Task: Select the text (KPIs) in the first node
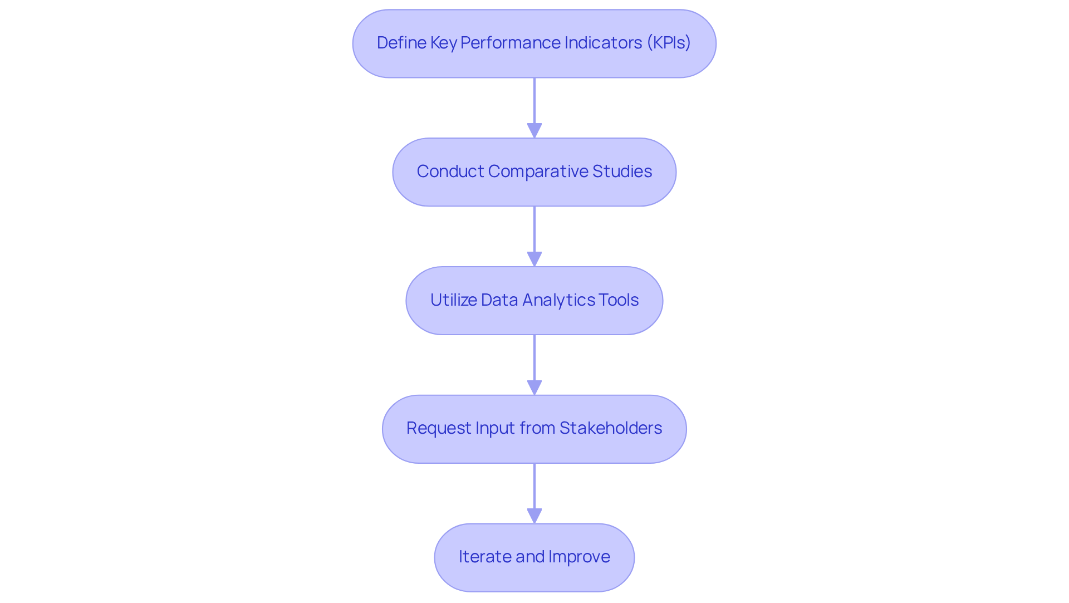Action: coord(668,43)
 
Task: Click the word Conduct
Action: coord(450,171)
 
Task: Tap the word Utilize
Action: coord(453,300)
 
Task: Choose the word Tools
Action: coord(619,300)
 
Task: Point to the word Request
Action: coord(438,428)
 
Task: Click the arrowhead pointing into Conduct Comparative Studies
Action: coord(534,130)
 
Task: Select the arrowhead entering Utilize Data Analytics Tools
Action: coord(534,259)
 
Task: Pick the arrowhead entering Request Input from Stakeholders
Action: coord(534,388)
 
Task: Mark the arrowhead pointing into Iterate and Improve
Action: coord(534,516)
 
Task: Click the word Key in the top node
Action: coord(443,43)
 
